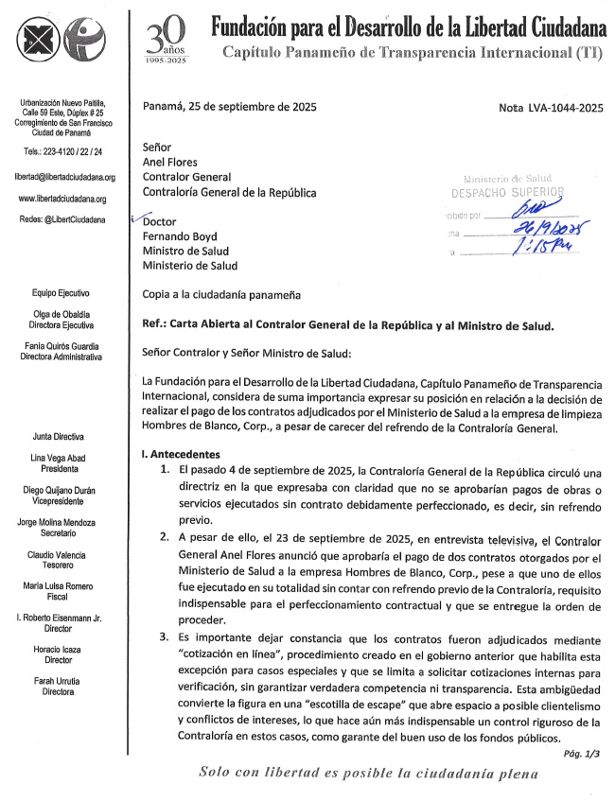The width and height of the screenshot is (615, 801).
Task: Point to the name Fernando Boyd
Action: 180,236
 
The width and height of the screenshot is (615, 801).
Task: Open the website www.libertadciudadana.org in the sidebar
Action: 62,200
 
